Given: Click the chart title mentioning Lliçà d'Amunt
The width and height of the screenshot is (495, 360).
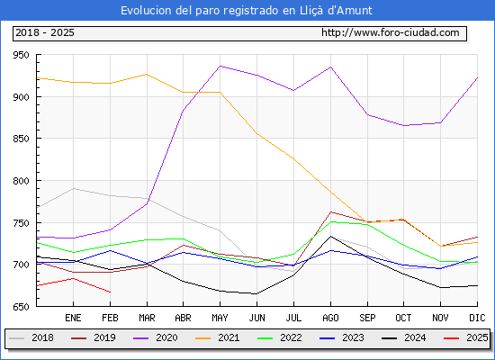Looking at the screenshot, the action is (x=247, y=11).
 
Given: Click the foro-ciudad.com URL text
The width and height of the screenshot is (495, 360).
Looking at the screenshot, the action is (x=391, y=32).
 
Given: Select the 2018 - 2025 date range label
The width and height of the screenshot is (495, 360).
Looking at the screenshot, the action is (x=45, y=32).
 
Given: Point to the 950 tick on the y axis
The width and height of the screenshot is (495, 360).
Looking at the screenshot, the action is (x=21, y=55).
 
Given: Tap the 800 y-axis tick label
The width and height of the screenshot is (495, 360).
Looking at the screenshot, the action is (x=21, y=181).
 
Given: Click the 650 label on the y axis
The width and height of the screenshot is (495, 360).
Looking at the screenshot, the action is (x=21, y=307).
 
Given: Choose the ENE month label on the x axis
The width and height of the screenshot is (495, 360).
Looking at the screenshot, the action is (x=73, y=318).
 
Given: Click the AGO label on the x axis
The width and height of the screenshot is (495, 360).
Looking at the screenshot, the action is (x=330, y=318).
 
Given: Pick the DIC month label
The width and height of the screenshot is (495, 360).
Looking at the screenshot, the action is (x=477, y=318).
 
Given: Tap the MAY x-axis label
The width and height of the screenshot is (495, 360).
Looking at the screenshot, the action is (x=220, y=318).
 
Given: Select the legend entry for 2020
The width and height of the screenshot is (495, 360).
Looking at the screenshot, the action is (x=156, y=337).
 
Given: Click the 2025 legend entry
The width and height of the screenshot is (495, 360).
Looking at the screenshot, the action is (x=466, y=337).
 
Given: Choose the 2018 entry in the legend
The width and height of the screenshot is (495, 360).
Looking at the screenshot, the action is (x=31, y=337).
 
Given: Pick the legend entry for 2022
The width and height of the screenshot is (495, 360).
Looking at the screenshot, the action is (x=280, y=337).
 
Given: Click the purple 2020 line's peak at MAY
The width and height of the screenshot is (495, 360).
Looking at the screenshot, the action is (x=220, y=66).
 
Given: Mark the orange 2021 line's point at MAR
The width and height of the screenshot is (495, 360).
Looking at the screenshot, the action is (x=147, y=74).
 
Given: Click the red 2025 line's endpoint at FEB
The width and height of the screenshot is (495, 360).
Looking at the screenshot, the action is (x=110, y=292).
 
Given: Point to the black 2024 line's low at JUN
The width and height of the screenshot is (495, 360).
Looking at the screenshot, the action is (x=256, y=293).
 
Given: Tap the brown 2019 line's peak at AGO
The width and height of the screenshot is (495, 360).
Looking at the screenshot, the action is (x=330, y=211).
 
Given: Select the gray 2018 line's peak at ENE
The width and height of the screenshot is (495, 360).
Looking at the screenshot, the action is (x=73, y=188).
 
